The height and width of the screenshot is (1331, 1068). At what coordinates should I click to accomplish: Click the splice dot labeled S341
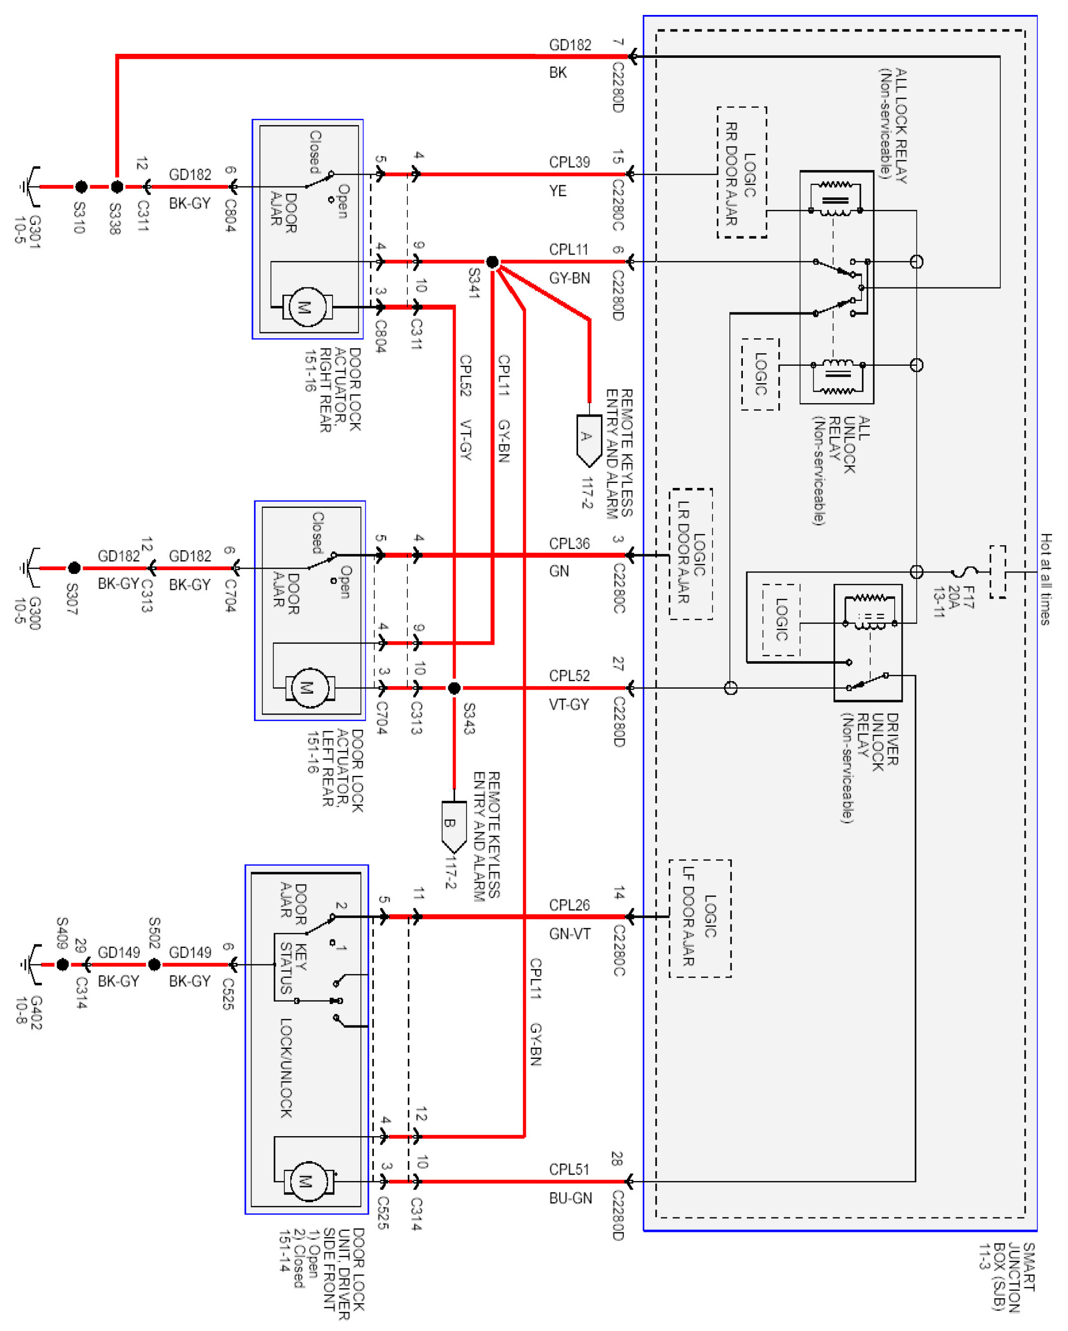(x=492, y=262)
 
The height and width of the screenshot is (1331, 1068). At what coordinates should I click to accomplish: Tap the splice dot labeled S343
(x=454, y=688)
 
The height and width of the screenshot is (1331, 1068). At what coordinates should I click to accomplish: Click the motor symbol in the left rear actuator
(x=309, y=687)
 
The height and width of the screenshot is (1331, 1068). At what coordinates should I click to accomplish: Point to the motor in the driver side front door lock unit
(x=308, y=1181)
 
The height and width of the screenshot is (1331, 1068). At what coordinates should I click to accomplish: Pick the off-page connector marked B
(x=454, y=826)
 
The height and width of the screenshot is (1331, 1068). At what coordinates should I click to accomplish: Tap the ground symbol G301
(x=29, y=186)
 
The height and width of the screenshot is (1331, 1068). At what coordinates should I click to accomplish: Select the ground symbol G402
(x=29, y=964)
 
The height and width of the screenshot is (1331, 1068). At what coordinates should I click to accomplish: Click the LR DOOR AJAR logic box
(x=691, y=554)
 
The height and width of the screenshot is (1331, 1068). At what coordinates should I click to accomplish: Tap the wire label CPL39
(x=569, y=162)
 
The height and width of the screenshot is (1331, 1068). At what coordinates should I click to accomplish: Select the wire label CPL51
(x=569, y=1169)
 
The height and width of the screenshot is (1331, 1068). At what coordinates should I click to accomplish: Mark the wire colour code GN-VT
(x=569, y=933)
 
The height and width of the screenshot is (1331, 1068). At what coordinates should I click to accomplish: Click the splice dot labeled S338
(x=117, y=186)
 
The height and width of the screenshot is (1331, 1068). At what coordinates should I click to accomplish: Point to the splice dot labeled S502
(x=154, y=964)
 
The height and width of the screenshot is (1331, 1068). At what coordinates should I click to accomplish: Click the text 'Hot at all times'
(x=1045, y=579)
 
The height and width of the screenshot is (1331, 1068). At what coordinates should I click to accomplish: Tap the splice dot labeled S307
(x=74, y=568)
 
